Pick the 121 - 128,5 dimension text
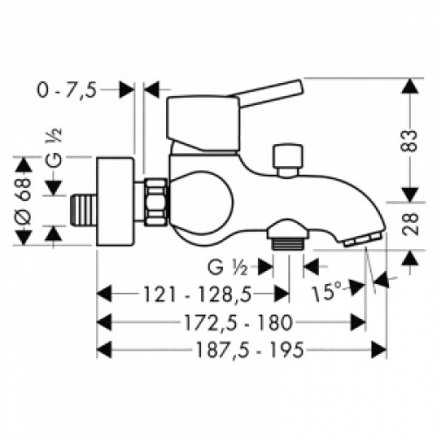[192, 292]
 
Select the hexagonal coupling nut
[156, 200]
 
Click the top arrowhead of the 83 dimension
[408, 86]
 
